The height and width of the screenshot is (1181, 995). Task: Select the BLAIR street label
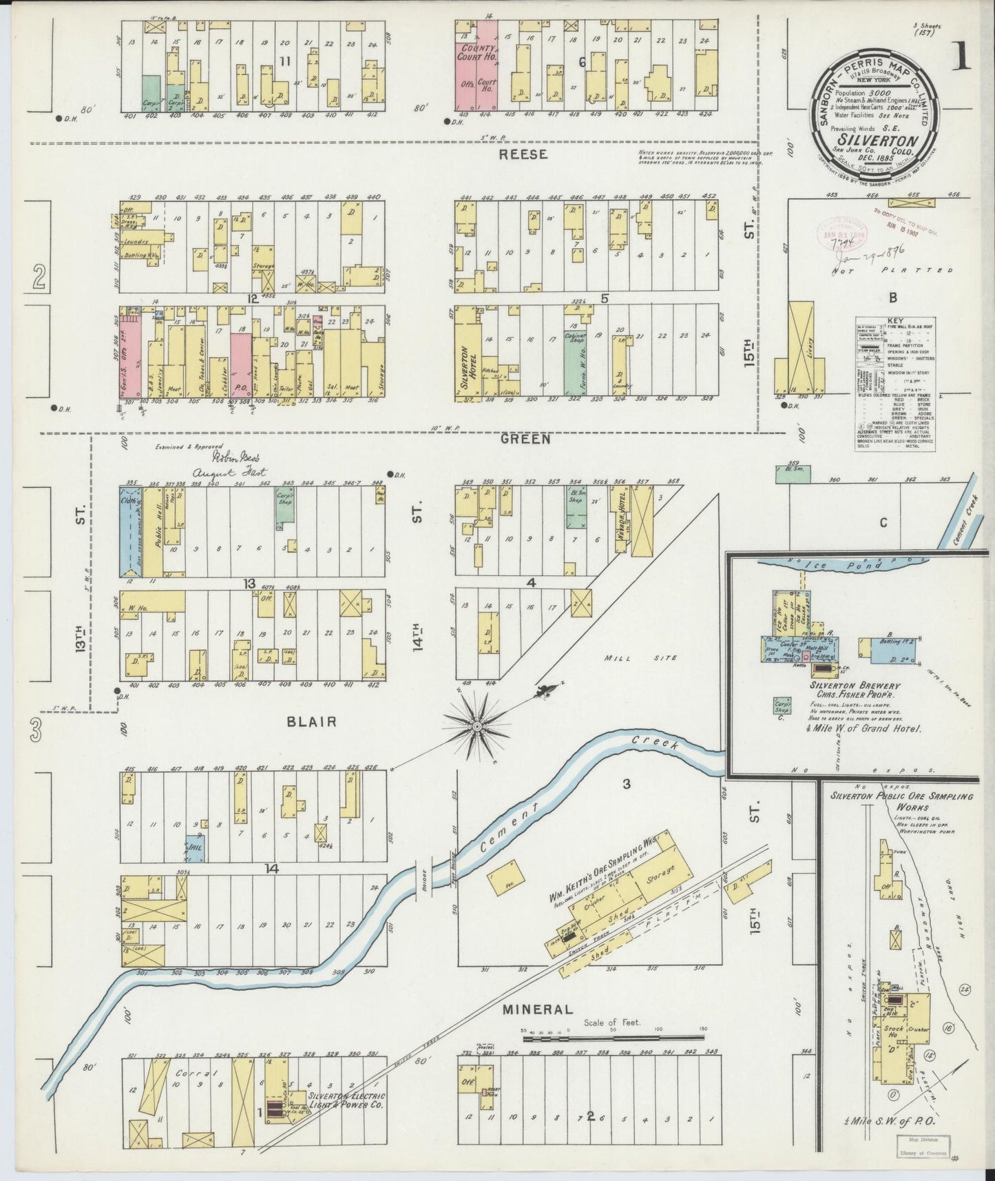(x=312, y=721)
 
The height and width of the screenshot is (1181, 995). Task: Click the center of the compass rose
(x=476, y=726)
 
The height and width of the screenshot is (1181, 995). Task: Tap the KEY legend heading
(x=895, y=321)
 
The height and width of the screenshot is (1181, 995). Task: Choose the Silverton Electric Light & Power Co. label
(x=346, y=1100)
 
